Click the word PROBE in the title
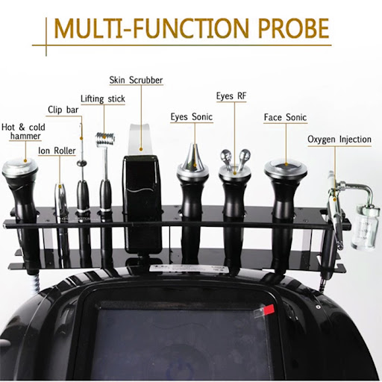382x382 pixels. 294,28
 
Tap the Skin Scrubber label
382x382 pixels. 136,80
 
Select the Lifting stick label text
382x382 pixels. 103,99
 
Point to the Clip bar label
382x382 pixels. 63,110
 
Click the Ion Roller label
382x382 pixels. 57,151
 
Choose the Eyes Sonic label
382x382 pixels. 192,117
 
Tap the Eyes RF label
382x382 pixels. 231,96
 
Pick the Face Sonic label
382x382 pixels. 285,117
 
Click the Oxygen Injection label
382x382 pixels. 339,140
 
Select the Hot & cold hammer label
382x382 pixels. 23,132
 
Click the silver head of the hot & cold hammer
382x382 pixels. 20,167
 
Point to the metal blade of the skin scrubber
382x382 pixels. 141,140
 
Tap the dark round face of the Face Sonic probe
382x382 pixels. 286,166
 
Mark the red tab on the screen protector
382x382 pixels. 269,310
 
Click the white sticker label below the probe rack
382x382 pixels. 189,268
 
